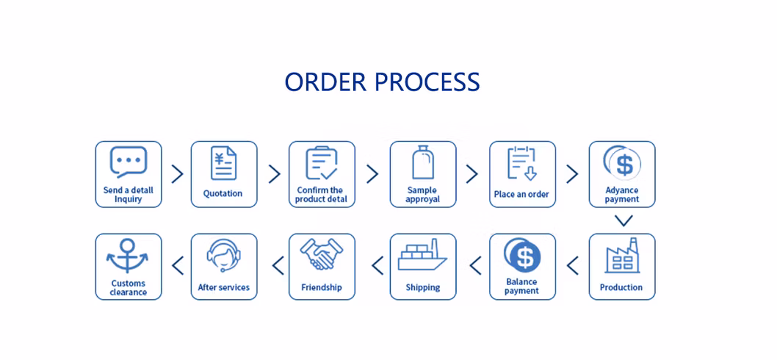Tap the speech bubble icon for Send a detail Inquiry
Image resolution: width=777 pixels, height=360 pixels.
click(129, 162)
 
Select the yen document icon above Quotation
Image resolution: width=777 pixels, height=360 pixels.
click(224, 163)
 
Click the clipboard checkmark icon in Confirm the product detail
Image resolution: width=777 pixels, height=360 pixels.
click(321, 162)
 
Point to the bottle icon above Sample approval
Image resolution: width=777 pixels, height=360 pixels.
click(422, 162)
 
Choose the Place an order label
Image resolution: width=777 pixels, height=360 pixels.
click(521, 195)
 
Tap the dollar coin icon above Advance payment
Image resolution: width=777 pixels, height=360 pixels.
click(622, 162)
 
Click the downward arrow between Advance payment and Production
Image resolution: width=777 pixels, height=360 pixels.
click(623, 220)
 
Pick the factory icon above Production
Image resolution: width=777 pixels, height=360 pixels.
click(621, 256)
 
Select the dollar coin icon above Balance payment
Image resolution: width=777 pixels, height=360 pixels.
click(522, 256)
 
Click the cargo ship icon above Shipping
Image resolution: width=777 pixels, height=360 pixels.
click(422, 257)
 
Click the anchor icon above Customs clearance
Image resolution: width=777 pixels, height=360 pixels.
click(128, 256)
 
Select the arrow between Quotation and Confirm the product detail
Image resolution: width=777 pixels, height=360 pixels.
click(274, 174)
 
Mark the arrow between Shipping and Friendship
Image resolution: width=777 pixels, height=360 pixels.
click(377, 265)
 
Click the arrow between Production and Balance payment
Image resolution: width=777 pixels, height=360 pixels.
click(573, 265)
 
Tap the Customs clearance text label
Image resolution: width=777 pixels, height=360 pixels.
click(129, 287)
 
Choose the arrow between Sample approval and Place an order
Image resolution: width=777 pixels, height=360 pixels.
click(471, 174)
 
